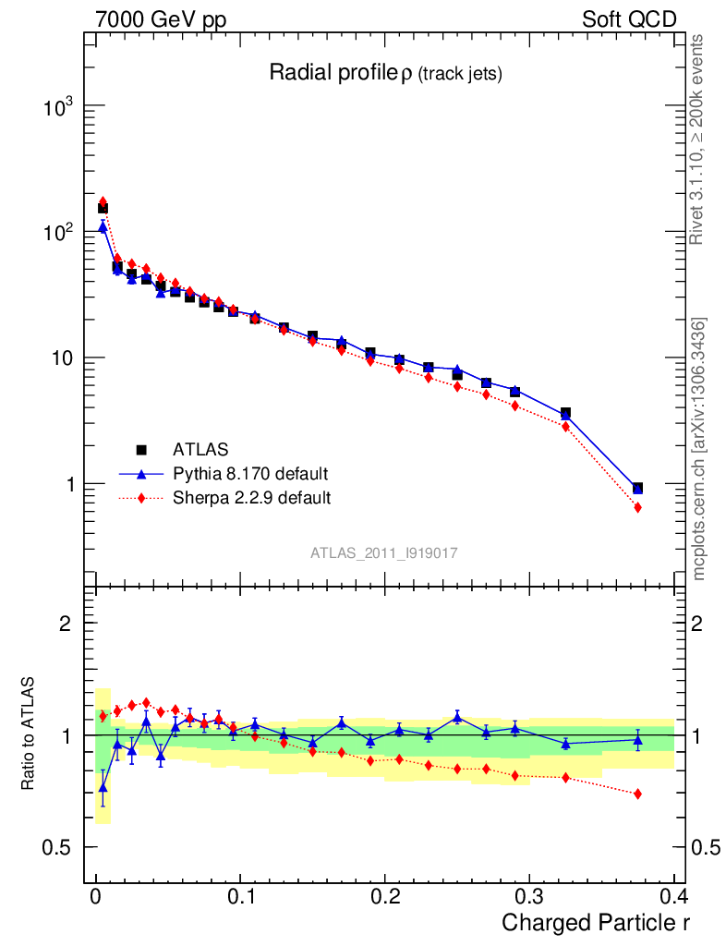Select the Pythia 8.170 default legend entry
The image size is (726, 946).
click(249, 474)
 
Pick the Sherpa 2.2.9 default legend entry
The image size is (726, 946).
click(251, 498)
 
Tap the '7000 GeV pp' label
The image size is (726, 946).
click(161, 19)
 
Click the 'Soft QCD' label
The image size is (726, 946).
click(629, 19)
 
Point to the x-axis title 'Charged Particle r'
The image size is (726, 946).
click(596, 922)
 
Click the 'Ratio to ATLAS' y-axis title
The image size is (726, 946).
click(30, 734)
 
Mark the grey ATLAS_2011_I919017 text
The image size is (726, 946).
click(385, 552)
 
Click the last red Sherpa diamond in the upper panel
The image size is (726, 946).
click(637, 507)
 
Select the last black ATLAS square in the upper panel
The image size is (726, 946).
click(637, 488)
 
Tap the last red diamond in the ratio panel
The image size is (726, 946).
click(637, 794)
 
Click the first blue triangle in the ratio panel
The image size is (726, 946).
click(103, 787)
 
